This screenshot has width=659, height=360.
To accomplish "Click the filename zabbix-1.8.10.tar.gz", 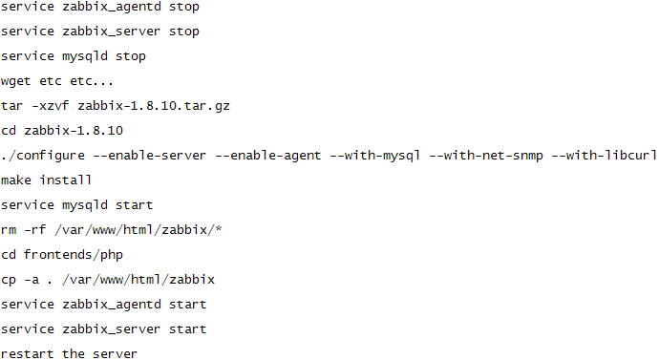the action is point(154,106).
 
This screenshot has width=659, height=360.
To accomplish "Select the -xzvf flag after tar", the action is point(51,106).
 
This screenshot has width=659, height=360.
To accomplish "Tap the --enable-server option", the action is point(150,156).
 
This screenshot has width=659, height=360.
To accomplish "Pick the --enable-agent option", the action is point(268,157).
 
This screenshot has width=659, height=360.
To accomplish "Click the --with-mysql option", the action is point(375,157).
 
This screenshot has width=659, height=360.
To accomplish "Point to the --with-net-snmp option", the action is point(486,157).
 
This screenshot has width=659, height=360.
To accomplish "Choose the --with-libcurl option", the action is point(605,156).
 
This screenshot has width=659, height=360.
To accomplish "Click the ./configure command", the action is point(43,156).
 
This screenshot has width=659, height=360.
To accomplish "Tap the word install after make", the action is point(66,180).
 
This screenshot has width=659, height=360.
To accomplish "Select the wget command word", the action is point(16,81).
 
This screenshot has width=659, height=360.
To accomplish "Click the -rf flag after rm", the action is point(35,230).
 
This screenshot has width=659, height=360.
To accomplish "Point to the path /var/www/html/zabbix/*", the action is point(138,230).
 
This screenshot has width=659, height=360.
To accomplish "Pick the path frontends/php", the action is point(74,255).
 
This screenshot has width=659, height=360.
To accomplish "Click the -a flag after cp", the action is point(32,280).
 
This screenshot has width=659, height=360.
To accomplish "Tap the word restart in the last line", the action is point(28,354).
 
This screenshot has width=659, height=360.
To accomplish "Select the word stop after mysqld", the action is point(131,56).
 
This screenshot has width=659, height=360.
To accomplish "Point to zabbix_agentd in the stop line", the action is point(112,7).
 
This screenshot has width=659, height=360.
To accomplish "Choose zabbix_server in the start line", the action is point(112,328).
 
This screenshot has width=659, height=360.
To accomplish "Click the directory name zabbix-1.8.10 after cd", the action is point(74,131).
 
